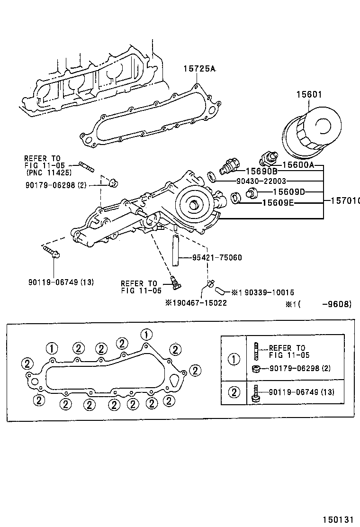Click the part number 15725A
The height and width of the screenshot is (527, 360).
coord(199,69)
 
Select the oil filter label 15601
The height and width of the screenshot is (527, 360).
coord(309,95)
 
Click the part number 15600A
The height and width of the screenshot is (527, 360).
coord(298,165)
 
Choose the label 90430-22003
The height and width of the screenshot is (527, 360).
coord(261,181)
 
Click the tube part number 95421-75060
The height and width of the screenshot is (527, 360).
coord(217,258)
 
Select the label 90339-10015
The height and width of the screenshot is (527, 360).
coord(266,292)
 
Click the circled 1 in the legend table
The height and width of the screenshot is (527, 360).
coord(234,359)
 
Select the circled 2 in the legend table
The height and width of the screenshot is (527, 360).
coord(234,392)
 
